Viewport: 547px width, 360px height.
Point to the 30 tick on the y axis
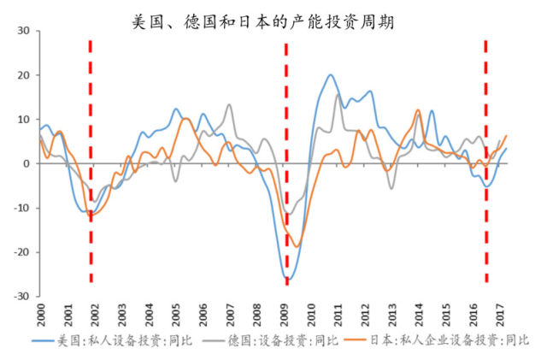(23, 31)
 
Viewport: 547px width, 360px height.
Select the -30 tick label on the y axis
(21, 297)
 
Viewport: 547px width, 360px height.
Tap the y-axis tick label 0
(26, 163)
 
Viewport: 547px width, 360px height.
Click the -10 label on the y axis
(21, 208)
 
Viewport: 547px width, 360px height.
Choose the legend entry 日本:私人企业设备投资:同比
(444, 340)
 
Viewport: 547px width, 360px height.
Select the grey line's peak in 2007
(229, 105)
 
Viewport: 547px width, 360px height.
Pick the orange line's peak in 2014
(418, 110)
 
